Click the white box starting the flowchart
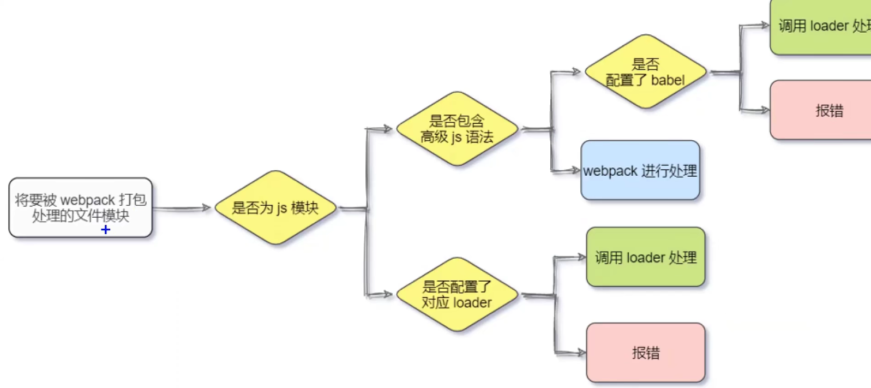(x=80, y=207)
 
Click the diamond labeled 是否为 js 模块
(x=275, y=207)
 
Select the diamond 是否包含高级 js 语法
(x=457, y=129)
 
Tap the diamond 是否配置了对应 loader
(x=457, y=295)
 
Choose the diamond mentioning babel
(x=645, y=71)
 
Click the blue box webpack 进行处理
(x=640, y=170)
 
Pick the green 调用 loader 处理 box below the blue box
(x=645, y=257)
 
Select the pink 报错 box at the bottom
(x=645, y=353)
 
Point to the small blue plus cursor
(x=106, y=230)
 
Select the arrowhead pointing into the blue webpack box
(x=575, y=171)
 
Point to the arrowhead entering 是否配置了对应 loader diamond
(x=387, y=295)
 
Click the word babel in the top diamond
(x=668, y=80)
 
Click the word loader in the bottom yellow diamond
(x=472, y=303)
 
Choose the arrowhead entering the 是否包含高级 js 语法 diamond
(x=387, y=129)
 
